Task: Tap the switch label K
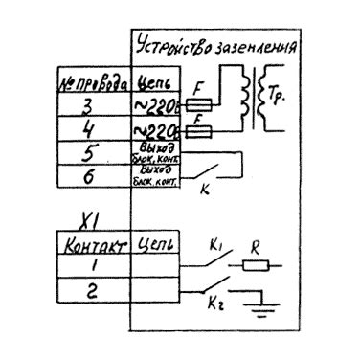click(x=203, y=191)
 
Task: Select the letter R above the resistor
click(x=255, y=248)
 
